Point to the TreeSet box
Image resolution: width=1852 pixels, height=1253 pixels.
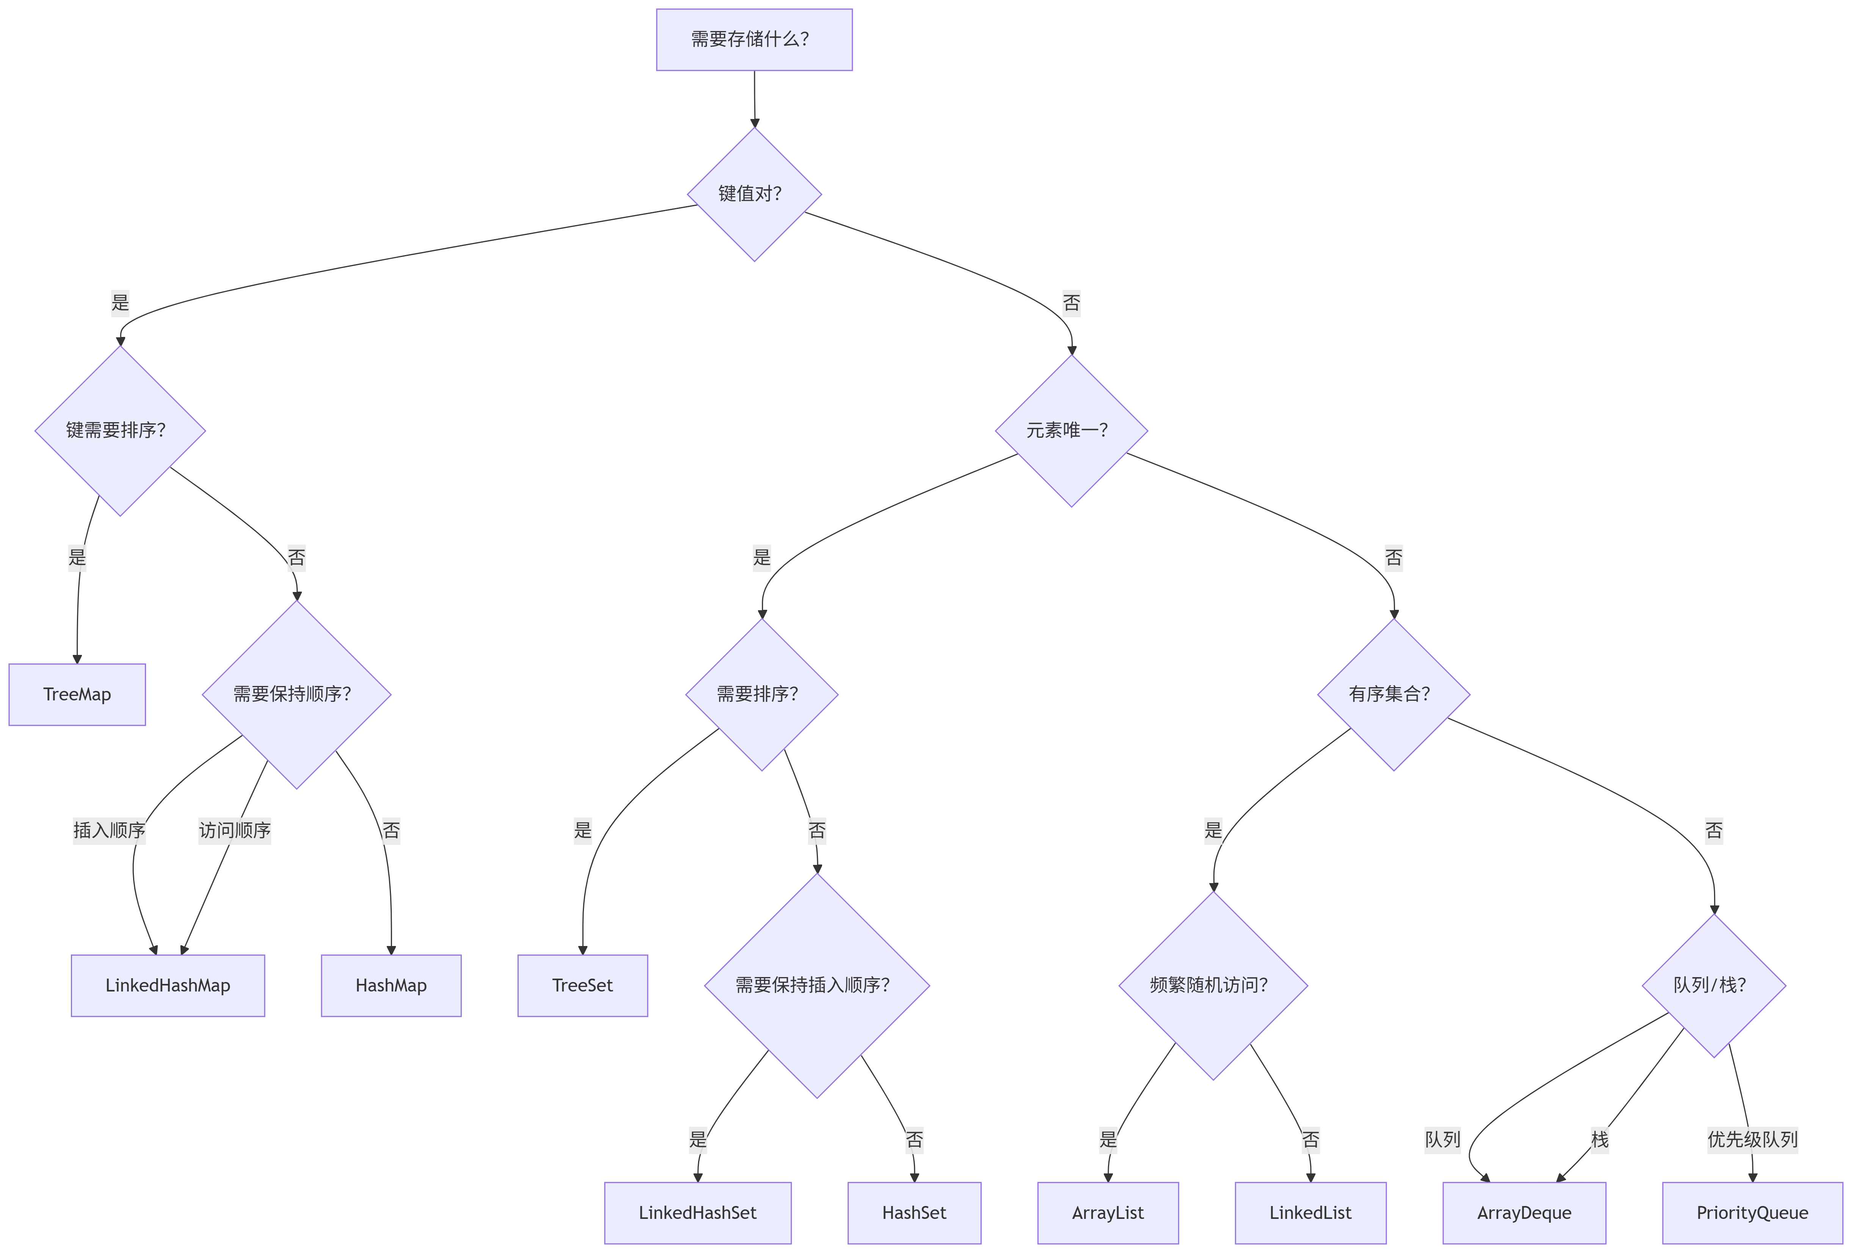(582, 985)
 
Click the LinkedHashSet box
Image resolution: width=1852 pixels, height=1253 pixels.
(697, 1212)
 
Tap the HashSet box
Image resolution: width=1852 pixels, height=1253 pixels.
(914, 1212)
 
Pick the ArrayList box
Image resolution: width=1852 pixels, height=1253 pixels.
(1108, 1212)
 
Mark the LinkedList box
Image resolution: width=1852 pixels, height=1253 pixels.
(1310, 1212)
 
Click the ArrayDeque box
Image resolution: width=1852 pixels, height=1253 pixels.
(1524, 1212)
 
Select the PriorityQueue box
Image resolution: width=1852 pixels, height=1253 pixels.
(1752, 1212)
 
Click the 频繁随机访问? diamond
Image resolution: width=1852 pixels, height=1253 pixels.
(1213, 985)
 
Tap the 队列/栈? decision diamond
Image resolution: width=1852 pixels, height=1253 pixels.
(1713, 985)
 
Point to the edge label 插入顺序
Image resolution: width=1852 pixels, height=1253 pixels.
(109, 830)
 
